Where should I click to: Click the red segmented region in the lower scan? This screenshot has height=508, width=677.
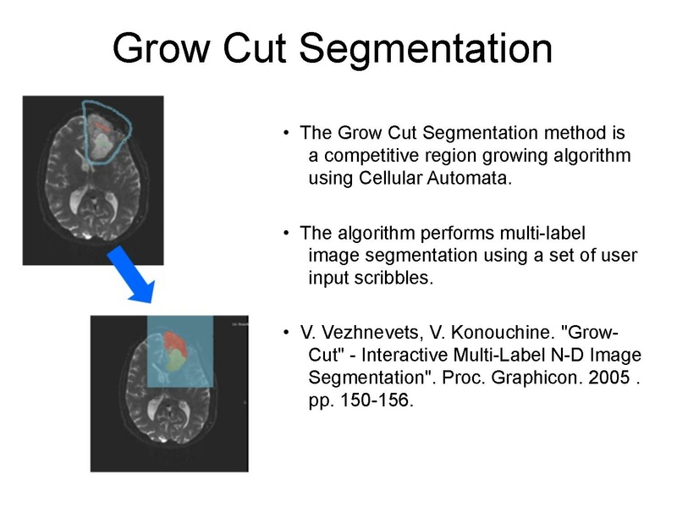pos(175,342)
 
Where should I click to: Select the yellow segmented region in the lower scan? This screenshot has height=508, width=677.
pos(173,362)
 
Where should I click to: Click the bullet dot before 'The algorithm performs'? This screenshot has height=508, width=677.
pos(288,233)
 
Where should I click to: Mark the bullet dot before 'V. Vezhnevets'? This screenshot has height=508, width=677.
pos(288,333)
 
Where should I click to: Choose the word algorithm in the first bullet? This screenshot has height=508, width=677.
pos(592,156)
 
